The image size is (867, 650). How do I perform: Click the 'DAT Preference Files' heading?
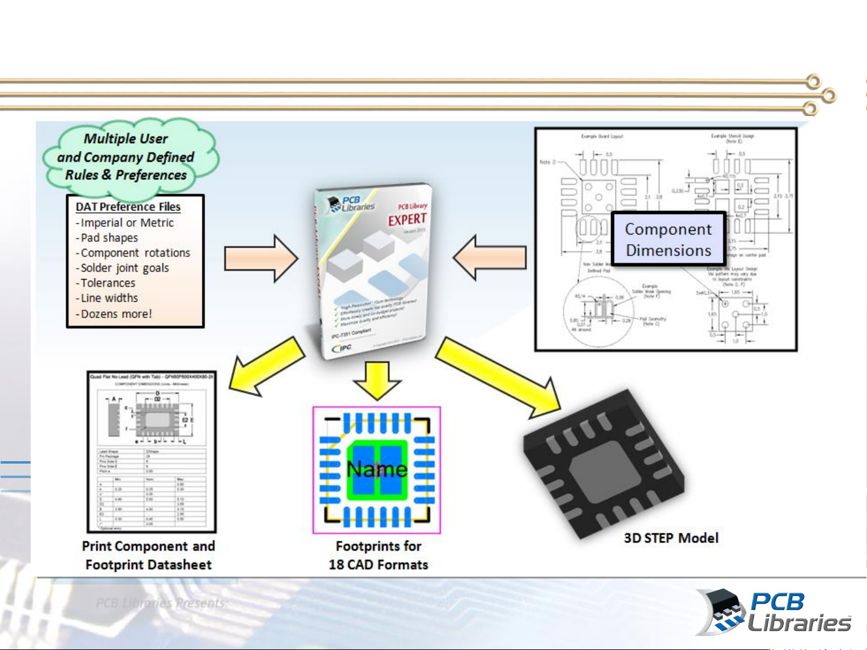pos(128,207)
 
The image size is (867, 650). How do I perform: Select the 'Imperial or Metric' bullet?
pos(127,222)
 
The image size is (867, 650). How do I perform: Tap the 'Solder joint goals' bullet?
pos(125,268)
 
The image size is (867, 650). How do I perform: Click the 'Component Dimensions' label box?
pos(668,240)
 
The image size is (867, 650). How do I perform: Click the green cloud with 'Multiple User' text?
pos(129,158)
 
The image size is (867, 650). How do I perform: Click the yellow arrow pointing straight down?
pos(377,380)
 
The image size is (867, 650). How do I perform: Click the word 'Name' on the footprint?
pos(377,469)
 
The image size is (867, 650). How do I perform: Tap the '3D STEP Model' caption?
pos(671,538)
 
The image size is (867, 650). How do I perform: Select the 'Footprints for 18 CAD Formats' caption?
pos(378,555)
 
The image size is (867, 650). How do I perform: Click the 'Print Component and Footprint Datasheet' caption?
pos(149,555)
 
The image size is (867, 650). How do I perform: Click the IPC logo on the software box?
pos(342,348)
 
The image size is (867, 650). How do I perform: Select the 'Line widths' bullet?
pos(109,298)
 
